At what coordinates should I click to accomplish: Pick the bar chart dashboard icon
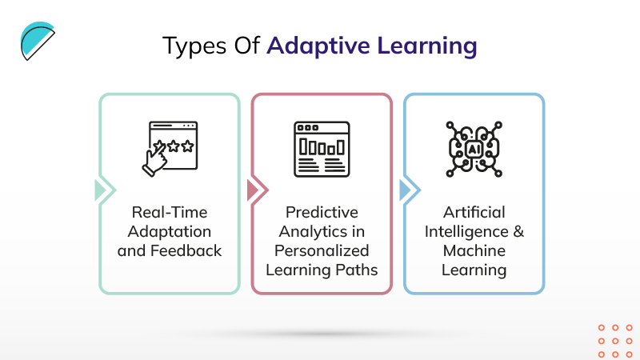click(x=322, y=149)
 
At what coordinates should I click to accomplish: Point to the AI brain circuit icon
click(x=474, y=149)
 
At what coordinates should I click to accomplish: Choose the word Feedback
click(x=193, y=251)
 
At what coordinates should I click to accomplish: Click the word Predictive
click(x=322, y=214)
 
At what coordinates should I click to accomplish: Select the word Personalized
click(x=322, y=251)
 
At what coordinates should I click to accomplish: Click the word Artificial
click(x=474, y=214)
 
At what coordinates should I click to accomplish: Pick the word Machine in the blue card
click(x=474, y=251)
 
